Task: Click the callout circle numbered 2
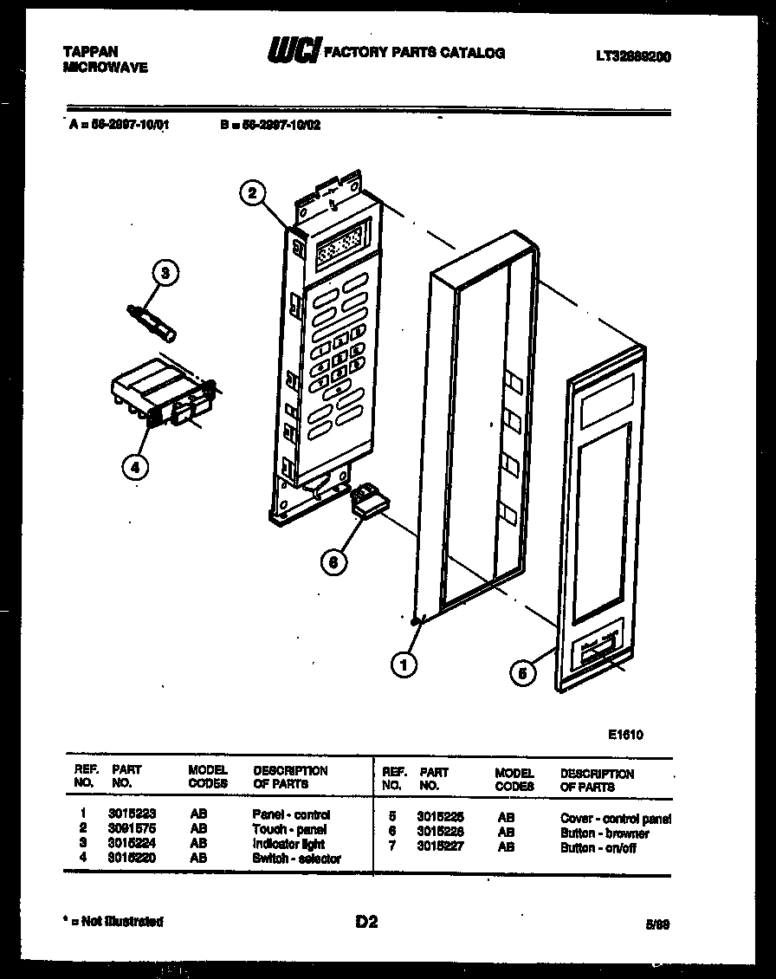coord(252,193)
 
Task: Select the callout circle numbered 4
coord(134,467)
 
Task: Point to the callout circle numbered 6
coord(332,561)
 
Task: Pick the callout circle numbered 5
coord(522,671)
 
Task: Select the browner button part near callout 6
coord(368,500)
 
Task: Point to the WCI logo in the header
coord(293,52)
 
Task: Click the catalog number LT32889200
coord(632,57)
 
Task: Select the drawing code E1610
coord(625,735)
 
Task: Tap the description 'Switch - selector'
coord(296,859)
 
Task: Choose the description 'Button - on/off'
coord(598,848)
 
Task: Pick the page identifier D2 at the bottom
coord(366,922)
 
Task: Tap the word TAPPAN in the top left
coord(91,52)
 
